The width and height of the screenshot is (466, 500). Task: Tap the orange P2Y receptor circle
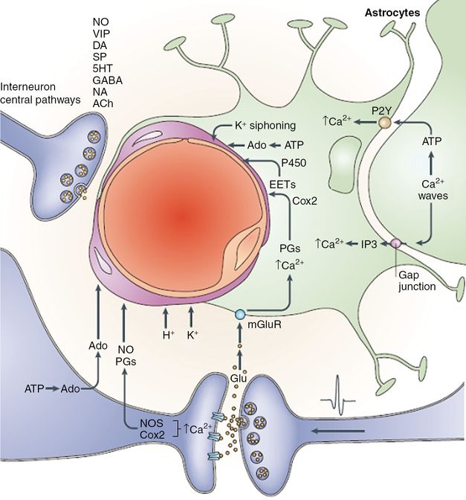[x=385, y=120]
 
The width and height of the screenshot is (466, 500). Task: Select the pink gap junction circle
[x=397, y=243]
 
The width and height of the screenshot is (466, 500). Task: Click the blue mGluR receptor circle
[x=239, y=315]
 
